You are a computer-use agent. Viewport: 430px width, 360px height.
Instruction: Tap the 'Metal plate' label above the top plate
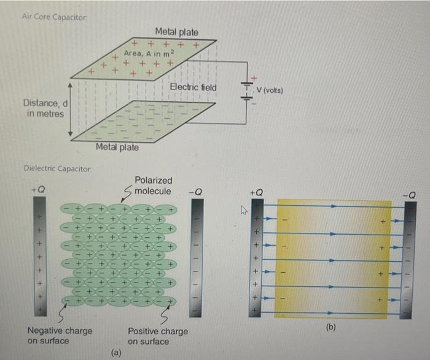tap(176, 31)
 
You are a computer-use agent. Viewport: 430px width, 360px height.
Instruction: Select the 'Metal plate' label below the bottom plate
tap(117, 147)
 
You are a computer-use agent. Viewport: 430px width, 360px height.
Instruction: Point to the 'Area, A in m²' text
tap(149, 54)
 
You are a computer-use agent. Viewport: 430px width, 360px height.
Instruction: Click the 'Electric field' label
tap(193, 87)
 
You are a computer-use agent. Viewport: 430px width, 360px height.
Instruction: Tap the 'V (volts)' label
tap(270, 90)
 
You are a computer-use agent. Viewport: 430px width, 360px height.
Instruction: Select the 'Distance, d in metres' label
tap(45, 108)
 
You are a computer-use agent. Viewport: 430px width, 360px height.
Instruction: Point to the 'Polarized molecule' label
tap(153, 186)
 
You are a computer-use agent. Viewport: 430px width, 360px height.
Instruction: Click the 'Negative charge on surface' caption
tap(60, 335)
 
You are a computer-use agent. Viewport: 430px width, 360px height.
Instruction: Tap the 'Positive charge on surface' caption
tap(157, 335)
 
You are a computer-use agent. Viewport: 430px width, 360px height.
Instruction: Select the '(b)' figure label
tap(331, 328)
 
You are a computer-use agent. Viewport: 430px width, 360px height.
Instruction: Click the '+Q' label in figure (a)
tap(38, 190)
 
